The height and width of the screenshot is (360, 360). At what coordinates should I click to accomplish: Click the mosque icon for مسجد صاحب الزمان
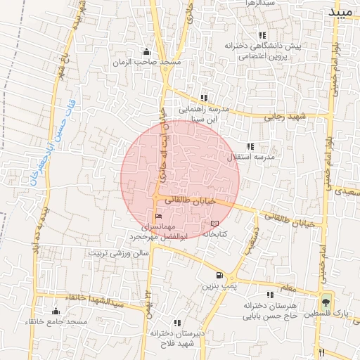[x=146, y=51]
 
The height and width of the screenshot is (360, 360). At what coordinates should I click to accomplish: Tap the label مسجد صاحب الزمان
[x=146, y=63]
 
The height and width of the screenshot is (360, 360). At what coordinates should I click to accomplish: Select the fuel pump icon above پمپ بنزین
[x=220, y=275]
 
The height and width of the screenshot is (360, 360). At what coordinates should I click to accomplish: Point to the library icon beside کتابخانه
[x=214, y=223]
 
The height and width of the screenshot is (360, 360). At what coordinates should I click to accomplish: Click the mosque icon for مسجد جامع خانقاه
[x=56, y=311]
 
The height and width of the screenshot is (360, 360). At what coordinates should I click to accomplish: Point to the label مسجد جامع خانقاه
[x=56, y=322]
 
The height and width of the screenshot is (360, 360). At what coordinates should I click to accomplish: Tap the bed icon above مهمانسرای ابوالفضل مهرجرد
[x=158, y=216]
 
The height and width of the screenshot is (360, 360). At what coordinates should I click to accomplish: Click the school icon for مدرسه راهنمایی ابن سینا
[x=204, y=98]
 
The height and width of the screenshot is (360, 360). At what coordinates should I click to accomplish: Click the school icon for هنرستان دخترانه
[x=269, y=295]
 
